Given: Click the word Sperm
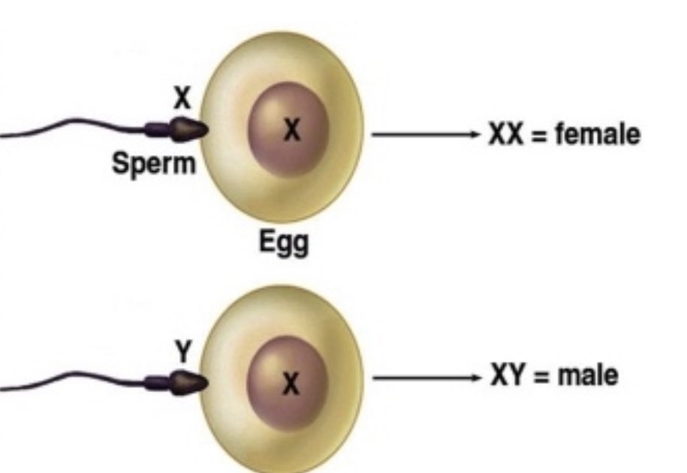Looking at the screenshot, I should (x=153, y=164).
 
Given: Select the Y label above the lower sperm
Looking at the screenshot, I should (x=181, y=348).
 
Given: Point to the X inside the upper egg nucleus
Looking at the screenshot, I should (x=291, y=131).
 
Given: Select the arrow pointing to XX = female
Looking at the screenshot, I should (x=424, y=135).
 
